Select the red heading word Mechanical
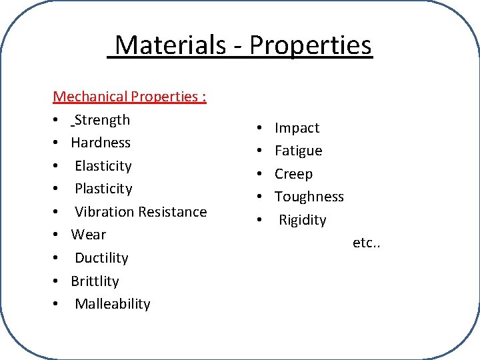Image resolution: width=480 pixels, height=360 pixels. [x=90, y=97]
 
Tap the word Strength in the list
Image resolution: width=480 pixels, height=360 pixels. [x=103, y=120]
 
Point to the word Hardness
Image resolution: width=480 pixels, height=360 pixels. [x=101, y=143]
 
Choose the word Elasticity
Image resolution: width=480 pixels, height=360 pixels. [x=103, y=166]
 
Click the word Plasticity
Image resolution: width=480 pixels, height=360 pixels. [x=103, y=189]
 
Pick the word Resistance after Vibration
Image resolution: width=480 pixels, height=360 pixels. [x=173, y=212]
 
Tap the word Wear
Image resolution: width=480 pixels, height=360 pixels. [x=89, y=235]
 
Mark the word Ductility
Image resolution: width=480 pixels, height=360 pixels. [x=101, y=258]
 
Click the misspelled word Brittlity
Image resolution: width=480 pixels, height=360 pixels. [x=95, y=281]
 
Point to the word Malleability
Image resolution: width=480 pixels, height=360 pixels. [x=113, y=304]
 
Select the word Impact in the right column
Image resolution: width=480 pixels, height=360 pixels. [x=297, y=128]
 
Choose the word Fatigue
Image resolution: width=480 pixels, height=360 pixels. [x=299, y=151]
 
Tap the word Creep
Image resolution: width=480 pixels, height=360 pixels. [x=294, y=174]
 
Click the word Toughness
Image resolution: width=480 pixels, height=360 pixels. [x=309, y=197]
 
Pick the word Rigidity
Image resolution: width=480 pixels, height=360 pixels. [x=303, y=220]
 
